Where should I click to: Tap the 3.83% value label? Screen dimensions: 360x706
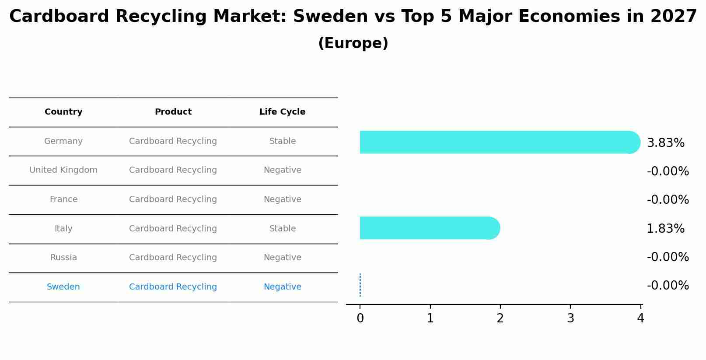tap(665, 143)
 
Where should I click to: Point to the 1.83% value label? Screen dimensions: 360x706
tap(665, 229)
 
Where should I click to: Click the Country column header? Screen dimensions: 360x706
tap(63, 112)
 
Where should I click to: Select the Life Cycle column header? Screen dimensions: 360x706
tap(282, 112)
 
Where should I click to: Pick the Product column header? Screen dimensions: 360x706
tap(173, 112)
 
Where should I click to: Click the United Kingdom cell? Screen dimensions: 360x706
tap(63, 170)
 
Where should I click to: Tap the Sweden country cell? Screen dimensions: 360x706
tap(63, 287)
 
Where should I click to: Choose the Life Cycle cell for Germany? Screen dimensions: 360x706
tap(282, 141)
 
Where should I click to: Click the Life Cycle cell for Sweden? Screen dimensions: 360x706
tap(282, 287)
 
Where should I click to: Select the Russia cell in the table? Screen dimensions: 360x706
tap(63, 258)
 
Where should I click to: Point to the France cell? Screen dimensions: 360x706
tap(63, 199)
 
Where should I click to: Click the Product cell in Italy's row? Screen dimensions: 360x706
tap(173, 229)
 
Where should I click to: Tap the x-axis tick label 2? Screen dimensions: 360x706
tap(500, 318)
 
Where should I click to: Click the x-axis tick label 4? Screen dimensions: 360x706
tap(640, 318)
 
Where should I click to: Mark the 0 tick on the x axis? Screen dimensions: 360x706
tap(360, 318)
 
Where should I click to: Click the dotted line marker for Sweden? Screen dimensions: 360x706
tap(360, 285)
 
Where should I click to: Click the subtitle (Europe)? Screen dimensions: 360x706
tap(353, 43)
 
